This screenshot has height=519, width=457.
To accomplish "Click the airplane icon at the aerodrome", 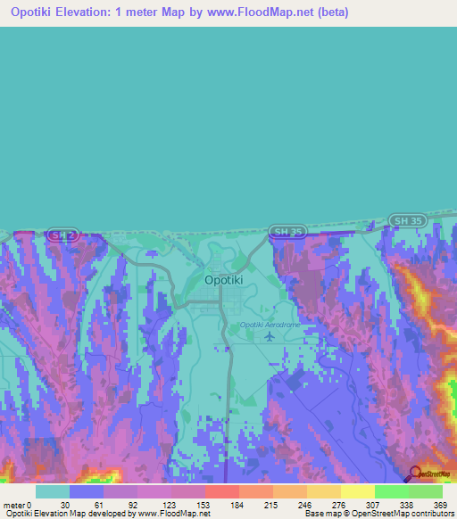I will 270,337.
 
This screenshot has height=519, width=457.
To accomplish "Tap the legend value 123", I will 170,504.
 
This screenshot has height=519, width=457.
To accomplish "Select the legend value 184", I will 238,504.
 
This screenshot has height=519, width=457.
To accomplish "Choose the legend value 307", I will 373,504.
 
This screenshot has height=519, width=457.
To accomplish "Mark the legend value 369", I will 441,504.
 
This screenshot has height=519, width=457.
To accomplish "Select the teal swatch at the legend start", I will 53,490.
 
